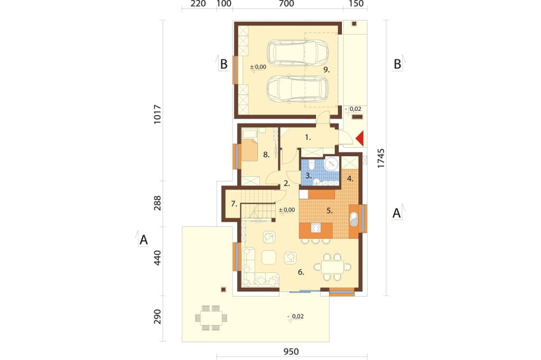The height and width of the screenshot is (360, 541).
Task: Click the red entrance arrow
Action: (x=360, y=139)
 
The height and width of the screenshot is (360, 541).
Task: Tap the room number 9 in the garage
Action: (x=327, y=70)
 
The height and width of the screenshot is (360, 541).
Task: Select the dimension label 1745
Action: (x=380, y=158)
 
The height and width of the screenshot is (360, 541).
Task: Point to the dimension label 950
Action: (x=291, y=352)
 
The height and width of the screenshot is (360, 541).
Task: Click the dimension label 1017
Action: (x=157, y=114)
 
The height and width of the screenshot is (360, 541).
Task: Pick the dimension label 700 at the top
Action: (x=286, y=4)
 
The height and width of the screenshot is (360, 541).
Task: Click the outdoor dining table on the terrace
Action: (x=211, y=318)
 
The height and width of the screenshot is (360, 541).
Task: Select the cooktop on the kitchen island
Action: (x=316, y=228)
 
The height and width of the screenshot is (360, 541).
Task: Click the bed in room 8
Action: (x=250, y=149)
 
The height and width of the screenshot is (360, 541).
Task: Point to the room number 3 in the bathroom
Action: (x=308, y=175)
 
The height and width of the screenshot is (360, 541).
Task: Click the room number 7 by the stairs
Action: (x=234, y=204)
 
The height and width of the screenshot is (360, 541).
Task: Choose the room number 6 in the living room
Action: (x=301, y=272)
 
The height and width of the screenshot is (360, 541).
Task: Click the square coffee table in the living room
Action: (x=268, y=257)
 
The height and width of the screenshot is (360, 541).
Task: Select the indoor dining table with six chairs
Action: (x=332, y=267)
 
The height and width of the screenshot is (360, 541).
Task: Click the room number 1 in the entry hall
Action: (x=308, y=137)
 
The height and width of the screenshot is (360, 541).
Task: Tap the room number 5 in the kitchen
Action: (x=330, y=211)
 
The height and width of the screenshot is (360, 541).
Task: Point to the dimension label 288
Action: (x=157, y=203)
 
